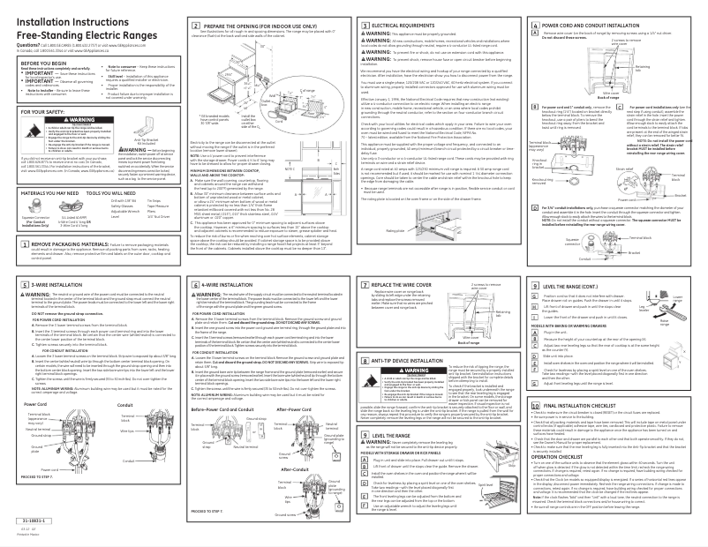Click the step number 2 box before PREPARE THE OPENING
[x=196, y=28]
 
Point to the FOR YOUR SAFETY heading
[x=36, y=112]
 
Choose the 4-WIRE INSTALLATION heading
[x=232, y=287]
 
